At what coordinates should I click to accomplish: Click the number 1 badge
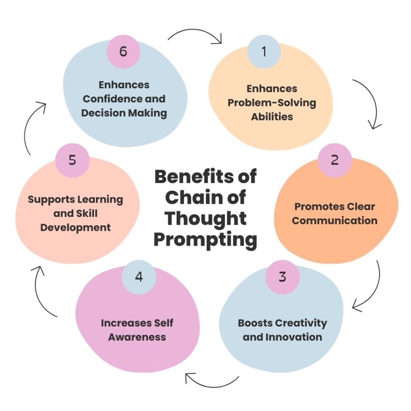click(264, 52)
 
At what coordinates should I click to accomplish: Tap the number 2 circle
click(334, 160)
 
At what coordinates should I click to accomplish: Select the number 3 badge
click(282, 277)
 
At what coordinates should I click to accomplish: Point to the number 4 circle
click(139, 277)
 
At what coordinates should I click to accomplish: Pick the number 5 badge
click(72, 160)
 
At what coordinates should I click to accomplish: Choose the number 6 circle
click(123, 52)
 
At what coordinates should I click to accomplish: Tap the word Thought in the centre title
click(206, 218)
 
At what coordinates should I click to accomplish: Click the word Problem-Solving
click(272, 103)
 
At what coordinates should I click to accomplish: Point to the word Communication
click(334, 221)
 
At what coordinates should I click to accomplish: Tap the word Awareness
click(137, 337)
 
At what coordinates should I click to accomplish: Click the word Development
click(75, 228)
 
